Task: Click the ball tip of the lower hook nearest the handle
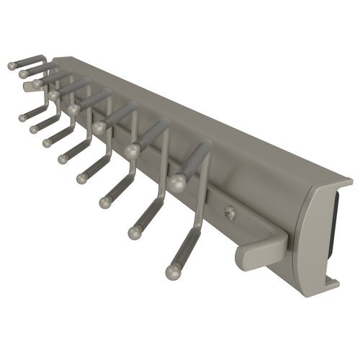[x=173, y=271]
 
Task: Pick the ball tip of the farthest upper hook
[x=12, y=66]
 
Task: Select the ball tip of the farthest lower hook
[x=22, y=116]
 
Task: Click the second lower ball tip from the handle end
[x=134, y=233]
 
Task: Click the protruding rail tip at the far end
[x=29, y=86]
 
